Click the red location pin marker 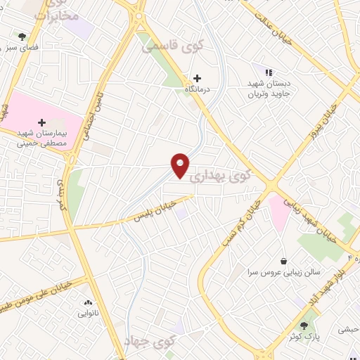(181, 165)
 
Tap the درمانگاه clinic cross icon (197, 78)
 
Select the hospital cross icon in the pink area (41, 122)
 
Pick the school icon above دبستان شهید (268, 72)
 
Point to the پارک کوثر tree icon (304, 326)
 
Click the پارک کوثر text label (304, 337)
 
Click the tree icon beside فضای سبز (22, 36)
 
